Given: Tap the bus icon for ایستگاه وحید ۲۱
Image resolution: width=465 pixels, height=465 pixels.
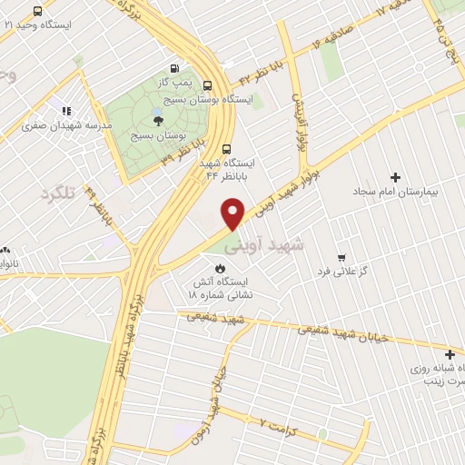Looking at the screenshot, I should tap(37, 12).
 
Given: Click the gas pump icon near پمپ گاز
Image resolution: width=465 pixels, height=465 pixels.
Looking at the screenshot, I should tap(175, 67).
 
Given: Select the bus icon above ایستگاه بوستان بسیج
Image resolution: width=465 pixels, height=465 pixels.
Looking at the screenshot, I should tap(207, 84).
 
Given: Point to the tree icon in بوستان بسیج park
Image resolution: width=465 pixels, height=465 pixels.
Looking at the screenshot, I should tap(158, 118).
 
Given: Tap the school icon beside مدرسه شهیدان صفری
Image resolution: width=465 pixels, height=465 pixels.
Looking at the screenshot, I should tap(65, 111).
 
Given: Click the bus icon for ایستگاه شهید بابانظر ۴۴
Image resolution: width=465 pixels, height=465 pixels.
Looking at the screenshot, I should tap(226, 150).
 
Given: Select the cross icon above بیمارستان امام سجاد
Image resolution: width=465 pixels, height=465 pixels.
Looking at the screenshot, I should tap(394, 177).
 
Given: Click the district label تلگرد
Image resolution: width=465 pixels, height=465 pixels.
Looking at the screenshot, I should tap(56, 193).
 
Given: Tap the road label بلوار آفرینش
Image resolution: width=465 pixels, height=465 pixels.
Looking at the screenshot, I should tap(300, 123).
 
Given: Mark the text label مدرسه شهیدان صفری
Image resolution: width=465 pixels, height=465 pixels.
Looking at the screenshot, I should tap(71, 125).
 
